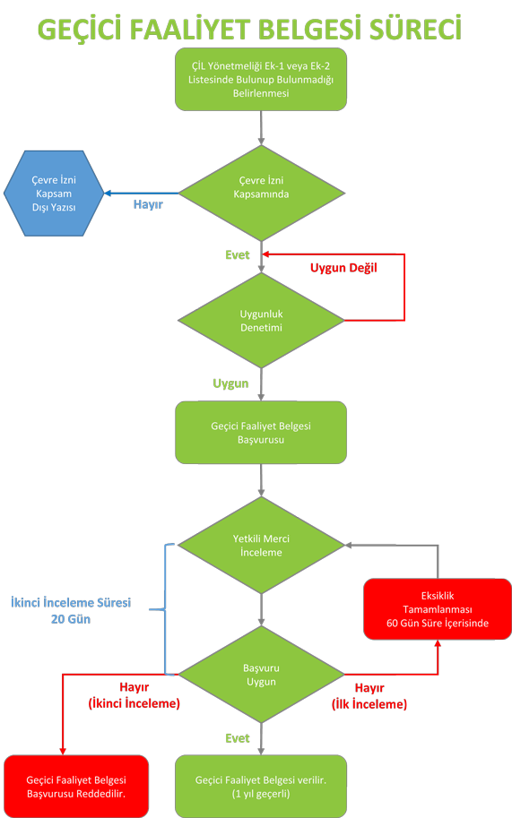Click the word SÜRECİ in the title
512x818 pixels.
[416, 29]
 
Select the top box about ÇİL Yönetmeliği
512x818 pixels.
[261, 80]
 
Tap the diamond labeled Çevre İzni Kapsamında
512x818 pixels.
[261, 193]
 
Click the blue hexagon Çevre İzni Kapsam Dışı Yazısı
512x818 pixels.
[54, 194]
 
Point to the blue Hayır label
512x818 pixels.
[148, 204]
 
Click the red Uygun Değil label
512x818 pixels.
[343, 268]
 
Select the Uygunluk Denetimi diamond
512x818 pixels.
[261, 321]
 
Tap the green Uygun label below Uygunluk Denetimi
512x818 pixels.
[230, 384]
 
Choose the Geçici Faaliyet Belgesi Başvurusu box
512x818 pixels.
[261, 433]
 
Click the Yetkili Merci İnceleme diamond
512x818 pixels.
[261, 545]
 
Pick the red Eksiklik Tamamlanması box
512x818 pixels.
[438, 609]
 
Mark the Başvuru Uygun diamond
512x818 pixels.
[261, 675]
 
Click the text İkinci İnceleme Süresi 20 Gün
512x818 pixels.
[71, 611]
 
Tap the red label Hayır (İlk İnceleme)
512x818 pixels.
[369, 696]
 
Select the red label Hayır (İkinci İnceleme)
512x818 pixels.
[135, 695]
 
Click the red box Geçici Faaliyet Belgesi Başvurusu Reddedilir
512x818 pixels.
[76, 786]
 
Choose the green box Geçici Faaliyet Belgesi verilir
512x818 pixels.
[261, 786]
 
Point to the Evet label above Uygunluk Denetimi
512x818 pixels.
[238, 255]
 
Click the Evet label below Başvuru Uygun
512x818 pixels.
[238, 738]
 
